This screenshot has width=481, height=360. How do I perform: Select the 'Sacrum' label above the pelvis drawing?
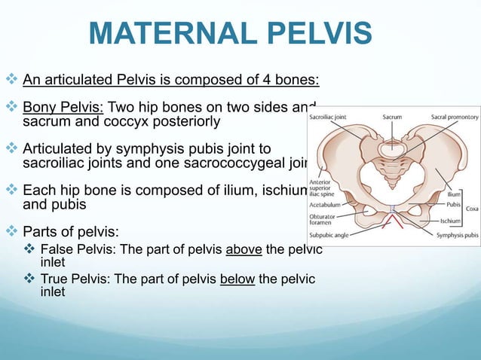pos(392,117)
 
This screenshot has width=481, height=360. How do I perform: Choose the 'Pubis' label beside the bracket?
pos(452,203)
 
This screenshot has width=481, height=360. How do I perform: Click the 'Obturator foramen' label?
pos(323,218)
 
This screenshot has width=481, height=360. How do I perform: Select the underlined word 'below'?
pos(238,280)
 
